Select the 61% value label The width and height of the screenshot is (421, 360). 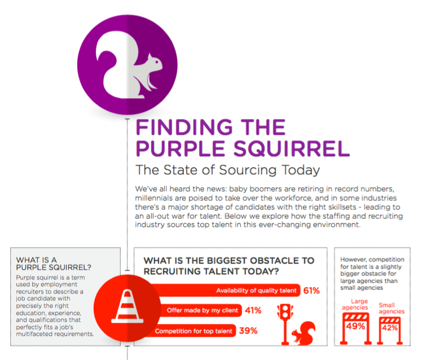312,291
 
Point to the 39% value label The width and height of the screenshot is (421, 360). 247,331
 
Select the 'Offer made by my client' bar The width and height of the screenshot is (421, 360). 195,310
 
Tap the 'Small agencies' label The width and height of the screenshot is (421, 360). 392,308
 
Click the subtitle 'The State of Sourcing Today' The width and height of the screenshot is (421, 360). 227,170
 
